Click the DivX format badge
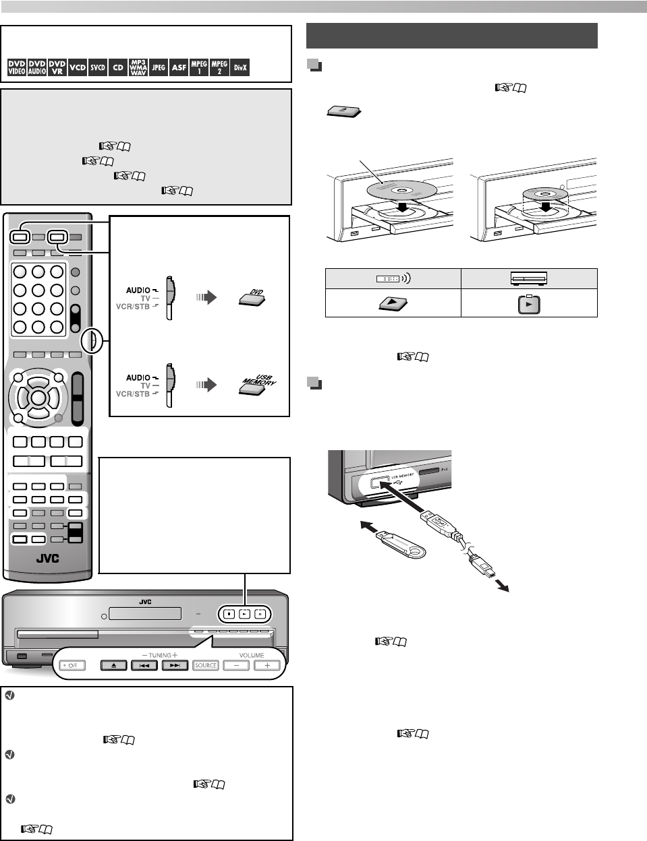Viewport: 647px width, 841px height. [x=240, y=67]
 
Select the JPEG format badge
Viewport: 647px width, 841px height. [x=159, y=67]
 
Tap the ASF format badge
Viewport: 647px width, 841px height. [x=179, y=67]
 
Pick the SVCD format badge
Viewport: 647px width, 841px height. [x=98, y=67]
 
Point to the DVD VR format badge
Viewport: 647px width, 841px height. [x=57, y=67]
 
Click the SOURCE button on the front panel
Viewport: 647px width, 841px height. [x=206, y=665]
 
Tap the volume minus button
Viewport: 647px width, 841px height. [x=236, y=665]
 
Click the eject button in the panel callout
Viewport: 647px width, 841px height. [x=114, y=665]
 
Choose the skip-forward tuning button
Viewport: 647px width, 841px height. [x=174, y=665]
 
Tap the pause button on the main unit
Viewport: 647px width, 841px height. [x=258, y=614]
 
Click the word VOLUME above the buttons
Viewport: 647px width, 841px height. [x=252, y=655]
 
